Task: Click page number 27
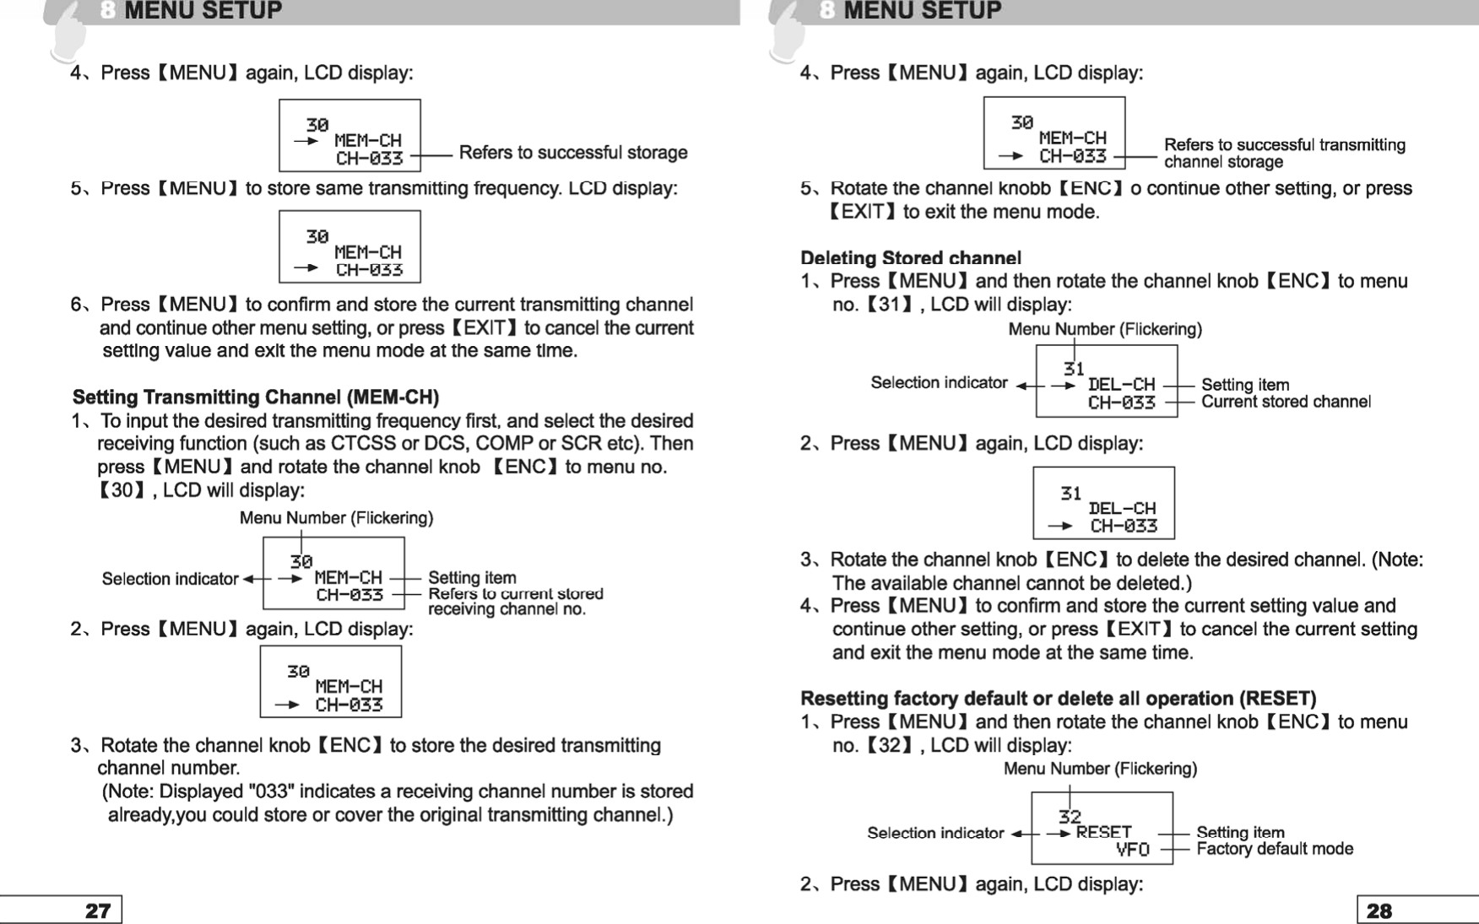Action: pyautogui.click(x=98, y=910)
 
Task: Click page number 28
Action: pyautogui.click(x=1379, y=910)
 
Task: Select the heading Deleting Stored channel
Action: pyautogui.click(x=910, y=257)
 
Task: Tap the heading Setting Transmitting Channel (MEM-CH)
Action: pyautogui.click(x=255, y=397)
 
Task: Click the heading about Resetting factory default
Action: pyautogui.click(x=1058, y=698)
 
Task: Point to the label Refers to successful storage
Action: pyautogui.click(x=572, y=153)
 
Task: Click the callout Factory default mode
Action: pyautogui.click(x=1274, y=849)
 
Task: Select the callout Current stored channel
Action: pyautogui.click(x=1285, y=402)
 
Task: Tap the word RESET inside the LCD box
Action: pyautogui.click(x=1103, y=832)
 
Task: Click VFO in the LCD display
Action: pyautogui.click(x=1132, y=850)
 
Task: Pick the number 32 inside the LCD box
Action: pyautogui.click(x=1070, y=816)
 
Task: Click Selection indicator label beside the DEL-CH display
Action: pyautogui.click(x=939, y=383)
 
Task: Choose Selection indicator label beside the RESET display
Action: pyautogui.click(x=935, y=833)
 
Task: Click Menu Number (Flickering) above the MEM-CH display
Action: pyautogui.click(x=336, y=517)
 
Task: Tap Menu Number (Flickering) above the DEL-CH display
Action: pyautogui.click(x=1104, y=329)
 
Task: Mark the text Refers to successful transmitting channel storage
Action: pyautogui.click(x=1284, y=153)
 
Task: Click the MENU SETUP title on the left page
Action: pyautogui.click(x=203, y=11)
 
